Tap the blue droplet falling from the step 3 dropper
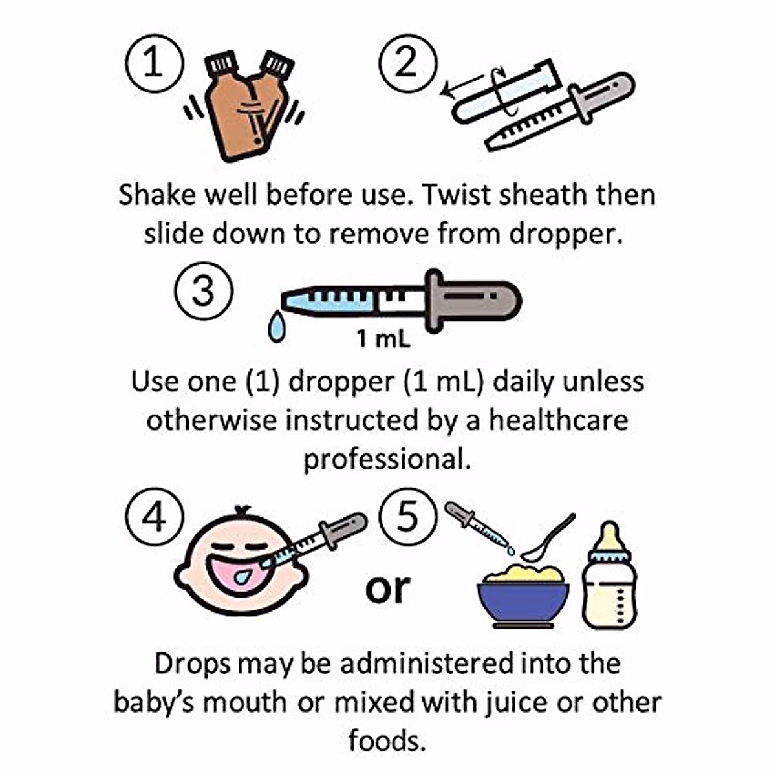coord(277,329)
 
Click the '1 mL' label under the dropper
coord(383,338)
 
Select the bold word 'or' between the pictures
coord(387,588)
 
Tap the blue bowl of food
coord(523,601)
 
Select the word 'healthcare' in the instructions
coord(557,420)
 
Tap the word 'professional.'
coord(387,459)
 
